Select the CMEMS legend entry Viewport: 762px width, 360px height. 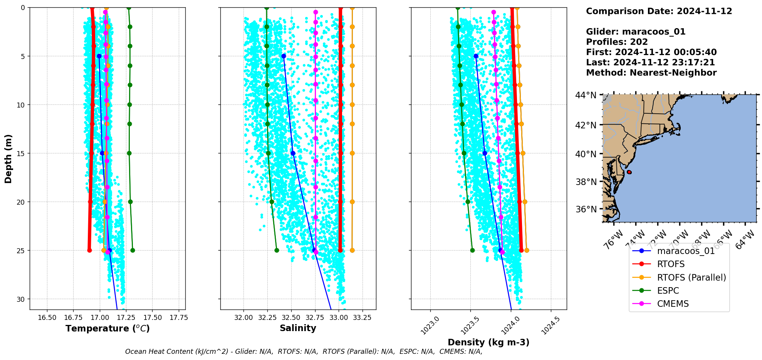[x=673, y=304]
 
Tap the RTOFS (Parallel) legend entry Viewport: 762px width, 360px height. [x=692, y=278]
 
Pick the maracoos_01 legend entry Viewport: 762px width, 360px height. [x=686, y=251]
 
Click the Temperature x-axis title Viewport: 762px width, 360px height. [x=107, y=328]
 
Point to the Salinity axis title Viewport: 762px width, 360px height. [x=298, y=328]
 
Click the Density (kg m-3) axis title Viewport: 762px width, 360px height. [x=488, y=342]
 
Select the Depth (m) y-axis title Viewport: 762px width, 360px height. [x=8, y=158]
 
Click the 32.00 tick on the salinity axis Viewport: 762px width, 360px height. [x=243, y=318]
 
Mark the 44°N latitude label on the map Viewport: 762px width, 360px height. [x=586, y=95]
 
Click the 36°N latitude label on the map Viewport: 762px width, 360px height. [x=586, y=209]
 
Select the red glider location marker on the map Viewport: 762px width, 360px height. [x=629, y=172]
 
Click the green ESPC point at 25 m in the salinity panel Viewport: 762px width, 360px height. [x=277, y=250]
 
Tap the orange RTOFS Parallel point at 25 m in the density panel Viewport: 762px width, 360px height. [x=527, y=250]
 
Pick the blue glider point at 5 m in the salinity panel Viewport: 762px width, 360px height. [x=284, y=56]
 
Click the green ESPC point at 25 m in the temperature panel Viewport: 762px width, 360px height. [x=133, y=250]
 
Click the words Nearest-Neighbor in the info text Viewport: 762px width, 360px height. [x=673, y=73]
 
